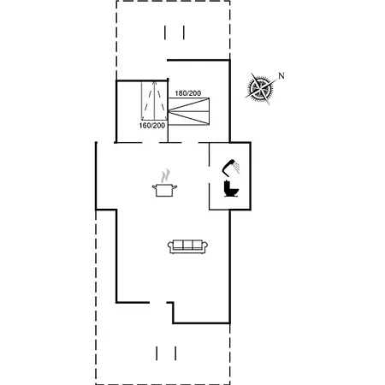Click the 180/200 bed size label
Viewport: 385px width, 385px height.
click(188, 93)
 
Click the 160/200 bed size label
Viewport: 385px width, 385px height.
click(152, 126)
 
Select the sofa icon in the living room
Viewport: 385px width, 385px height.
click(187, 246)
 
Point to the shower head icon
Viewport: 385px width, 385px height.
click(231, 168)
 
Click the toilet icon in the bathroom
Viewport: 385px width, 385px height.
click(231, 188)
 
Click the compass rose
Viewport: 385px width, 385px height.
click(260, 88)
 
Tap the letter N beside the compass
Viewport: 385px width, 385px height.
click(281, 76)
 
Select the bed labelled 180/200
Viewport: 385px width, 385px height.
click(188, 111)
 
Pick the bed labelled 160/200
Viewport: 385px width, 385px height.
click(154, 101)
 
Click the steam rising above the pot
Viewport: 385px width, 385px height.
click(165, 176)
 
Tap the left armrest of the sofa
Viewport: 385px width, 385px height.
click(170, 246)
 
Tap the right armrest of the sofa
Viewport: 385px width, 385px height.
click(204, 246)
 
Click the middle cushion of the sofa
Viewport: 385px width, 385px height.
click(187, 245)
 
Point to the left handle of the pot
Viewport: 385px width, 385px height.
click(154, 187)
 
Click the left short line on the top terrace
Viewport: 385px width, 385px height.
click(165, 33)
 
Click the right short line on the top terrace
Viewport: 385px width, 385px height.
click(184, 33)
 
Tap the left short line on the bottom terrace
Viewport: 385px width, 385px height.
click(157, 353)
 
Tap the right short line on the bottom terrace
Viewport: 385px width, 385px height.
click(175, 353)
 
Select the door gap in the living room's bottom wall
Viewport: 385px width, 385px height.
click(158, 302)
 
